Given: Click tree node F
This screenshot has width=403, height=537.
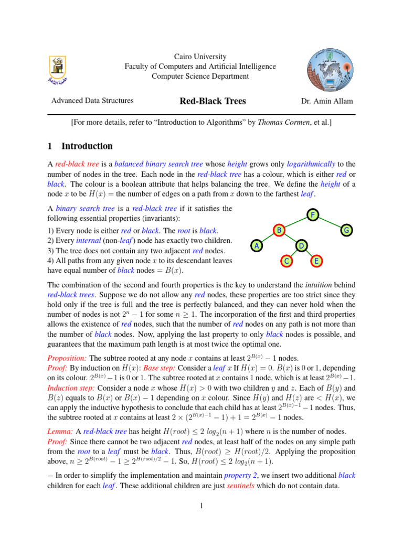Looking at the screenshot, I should [313, 216].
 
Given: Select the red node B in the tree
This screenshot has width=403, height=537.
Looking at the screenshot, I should [280, 230].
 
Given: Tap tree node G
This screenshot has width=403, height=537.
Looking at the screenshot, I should [346, 230].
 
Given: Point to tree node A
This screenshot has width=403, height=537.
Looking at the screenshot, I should [256, 245].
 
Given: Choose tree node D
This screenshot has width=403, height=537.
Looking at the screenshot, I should [301, 245].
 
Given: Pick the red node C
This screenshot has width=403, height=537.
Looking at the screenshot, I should [286, 261].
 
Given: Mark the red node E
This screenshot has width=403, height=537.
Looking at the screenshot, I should [316, 261].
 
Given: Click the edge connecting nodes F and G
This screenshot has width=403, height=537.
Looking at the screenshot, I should [330, 223].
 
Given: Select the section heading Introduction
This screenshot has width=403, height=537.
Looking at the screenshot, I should [87, 146].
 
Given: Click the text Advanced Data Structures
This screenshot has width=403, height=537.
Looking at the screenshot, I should [92, 101].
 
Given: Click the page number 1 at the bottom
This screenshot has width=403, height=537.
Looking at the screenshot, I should [201, 506].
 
